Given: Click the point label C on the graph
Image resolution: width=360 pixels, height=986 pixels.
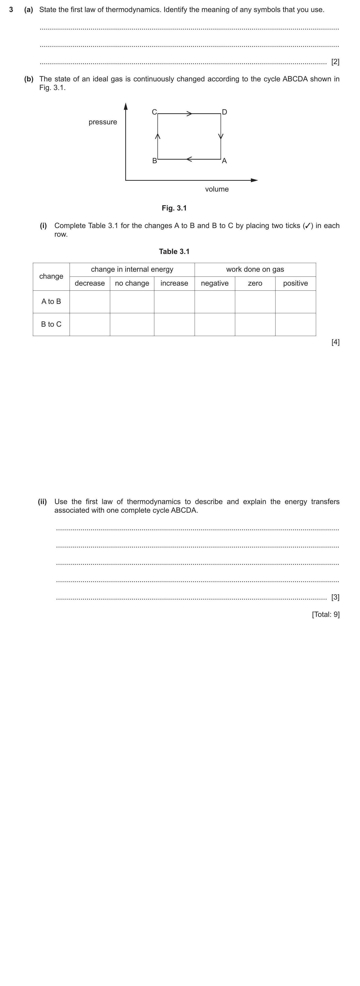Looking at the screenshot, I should tap(154, 112).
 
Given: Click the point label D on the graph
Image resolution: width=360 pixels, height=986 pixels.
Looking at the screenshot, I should tap(225, 112).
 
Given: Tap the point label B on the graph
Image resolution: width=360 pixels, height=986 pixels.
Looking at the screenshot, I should tap(155, 161).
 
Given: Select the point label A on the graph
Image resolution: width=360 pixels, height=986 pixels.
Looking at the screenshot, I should tap(225, 161).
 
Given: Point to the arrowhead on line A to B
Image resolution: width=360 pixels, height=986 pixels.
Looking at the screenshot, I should tap(189, 159).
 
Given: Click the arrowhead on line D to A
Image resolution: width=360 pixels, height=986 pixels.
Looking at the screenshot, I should tap(221, 136).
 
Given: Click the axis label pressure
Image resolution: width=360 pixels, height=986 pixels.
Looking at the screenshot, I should tap(102, 122).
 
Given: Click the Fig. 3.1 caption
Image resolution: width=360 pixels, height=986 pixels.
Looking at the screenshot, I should tap(174, 208).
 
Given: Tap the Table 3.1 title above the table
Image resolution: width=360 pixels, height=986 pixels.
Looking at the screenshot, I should tap(174, 252).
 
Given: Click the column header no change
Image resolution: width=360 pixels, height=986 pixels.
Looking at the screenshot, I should tap(132, 283).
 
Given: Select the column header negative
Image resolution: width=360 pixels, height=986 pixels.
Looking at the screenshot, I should tap(215, 283).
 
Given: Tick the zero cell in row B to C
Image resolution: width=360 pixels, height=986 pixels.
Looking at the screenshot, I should tap(255, 324).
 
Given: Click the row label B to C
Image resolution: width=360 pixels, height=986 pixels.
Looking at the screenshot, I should tap(51, 324).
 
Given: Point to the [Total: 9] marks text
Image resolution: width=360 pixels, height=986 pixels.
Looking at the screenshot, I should tap(326, 614).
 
